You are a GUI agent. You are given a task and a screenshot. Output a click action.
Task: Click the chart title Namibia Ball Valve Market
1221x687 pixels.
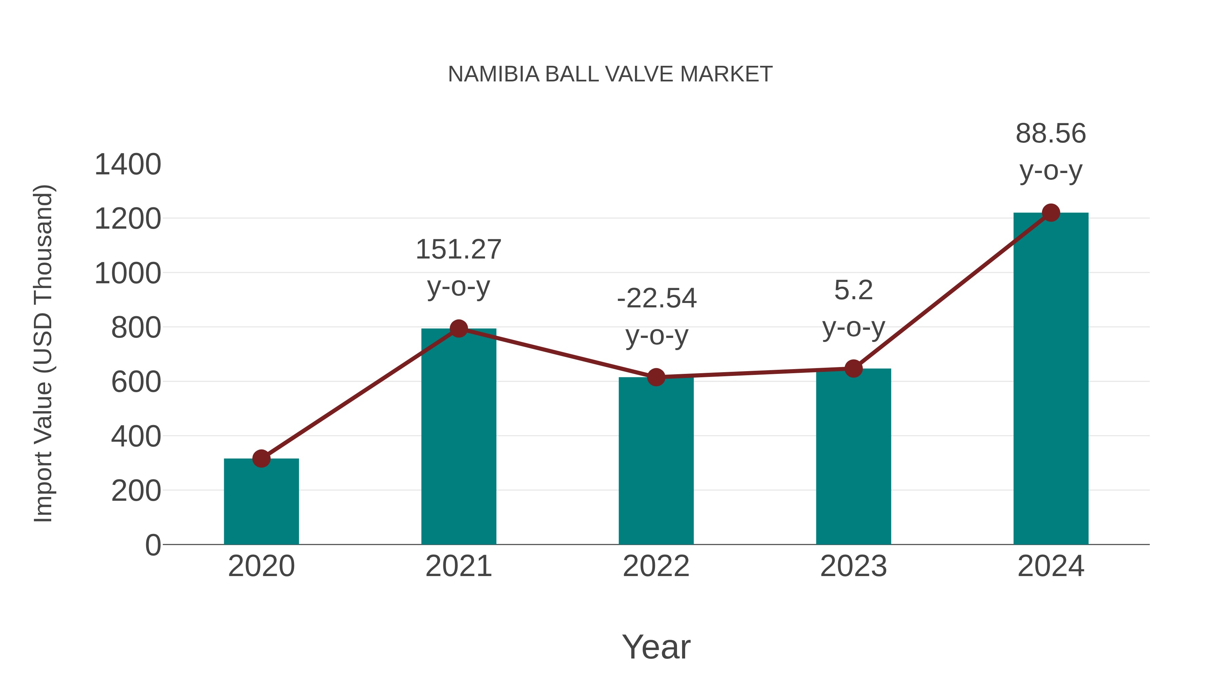[610, 74]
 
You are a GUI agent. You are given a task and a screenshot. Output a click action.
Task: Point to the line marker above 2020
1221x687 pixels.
[261, 458]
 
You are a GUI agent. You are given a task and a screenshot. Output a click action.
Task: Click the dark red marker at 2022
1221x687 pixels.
[656, 377]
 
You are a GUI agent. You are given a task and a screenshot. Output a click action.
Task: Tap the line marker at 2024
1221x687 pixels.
[1051, 213]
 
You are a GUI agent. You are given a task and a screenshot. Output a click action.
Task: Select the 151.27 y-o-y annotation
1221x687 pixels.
[458, 268]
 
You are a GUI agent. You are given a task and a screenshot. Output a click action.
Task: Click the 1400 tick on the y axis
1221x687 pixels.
[128, 165]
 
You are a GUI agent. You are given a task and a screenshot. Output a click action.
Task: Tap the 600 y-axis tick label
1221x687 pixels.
[136, 382]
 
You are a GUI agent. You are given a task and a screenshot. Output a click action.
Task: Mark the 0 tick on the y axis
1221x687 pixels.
[153, 545]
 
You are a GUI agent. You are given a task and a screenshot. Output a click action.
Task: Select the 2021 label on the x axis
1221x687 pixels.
[458, 566]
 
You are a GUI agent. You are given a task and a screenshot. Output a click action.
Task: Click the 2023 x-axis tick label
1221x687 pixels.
[853, 566]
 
